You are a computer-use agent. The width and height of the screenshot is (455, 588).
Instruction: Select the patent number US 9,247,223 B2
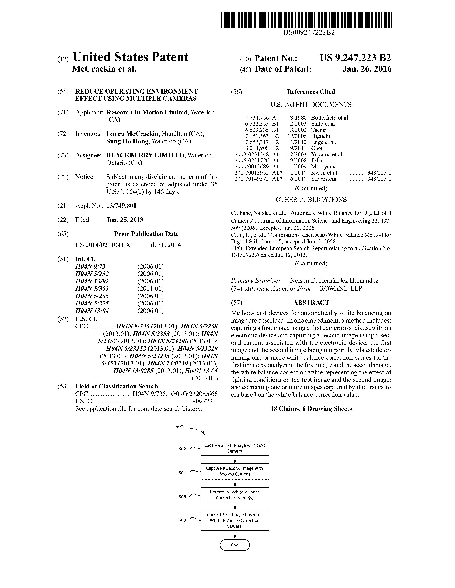click(x=355, y=58)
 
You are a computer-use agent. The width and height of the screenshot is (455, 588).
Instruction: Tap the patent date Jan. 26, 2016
click(x=367, y=69)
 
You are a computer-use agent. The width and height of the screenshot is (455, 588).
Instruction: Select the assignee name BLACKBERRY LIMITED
click(x=145, y=155)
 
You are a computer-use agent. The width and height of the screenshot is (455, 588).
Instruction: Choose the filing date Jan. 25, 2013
click(x=125, y=220)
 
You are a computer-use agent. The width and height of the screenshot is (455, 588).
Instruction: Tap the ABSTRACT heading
click(x=311, y=303)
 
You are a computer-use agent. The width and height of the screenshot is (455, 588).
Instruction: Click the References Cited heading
click(x=311, y=92)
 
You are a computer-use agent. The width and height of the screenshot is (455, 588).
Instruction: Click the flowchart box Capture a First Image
click(x=234, y=448)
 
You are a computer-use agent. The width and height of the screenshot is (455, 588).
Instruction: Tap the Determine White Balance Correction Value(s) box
click(x=234, y=495)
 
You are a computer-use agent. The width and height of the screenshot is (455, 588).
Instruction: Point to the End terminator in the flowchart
click(x=234, y=545)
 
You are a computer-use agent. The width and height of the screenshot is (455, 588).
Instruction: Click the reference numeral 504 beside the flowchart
click(x=182, y=473)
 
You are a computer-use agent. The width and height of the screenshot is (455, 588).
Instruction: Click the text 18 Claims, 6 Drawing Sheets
click(x=311, y=409)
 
